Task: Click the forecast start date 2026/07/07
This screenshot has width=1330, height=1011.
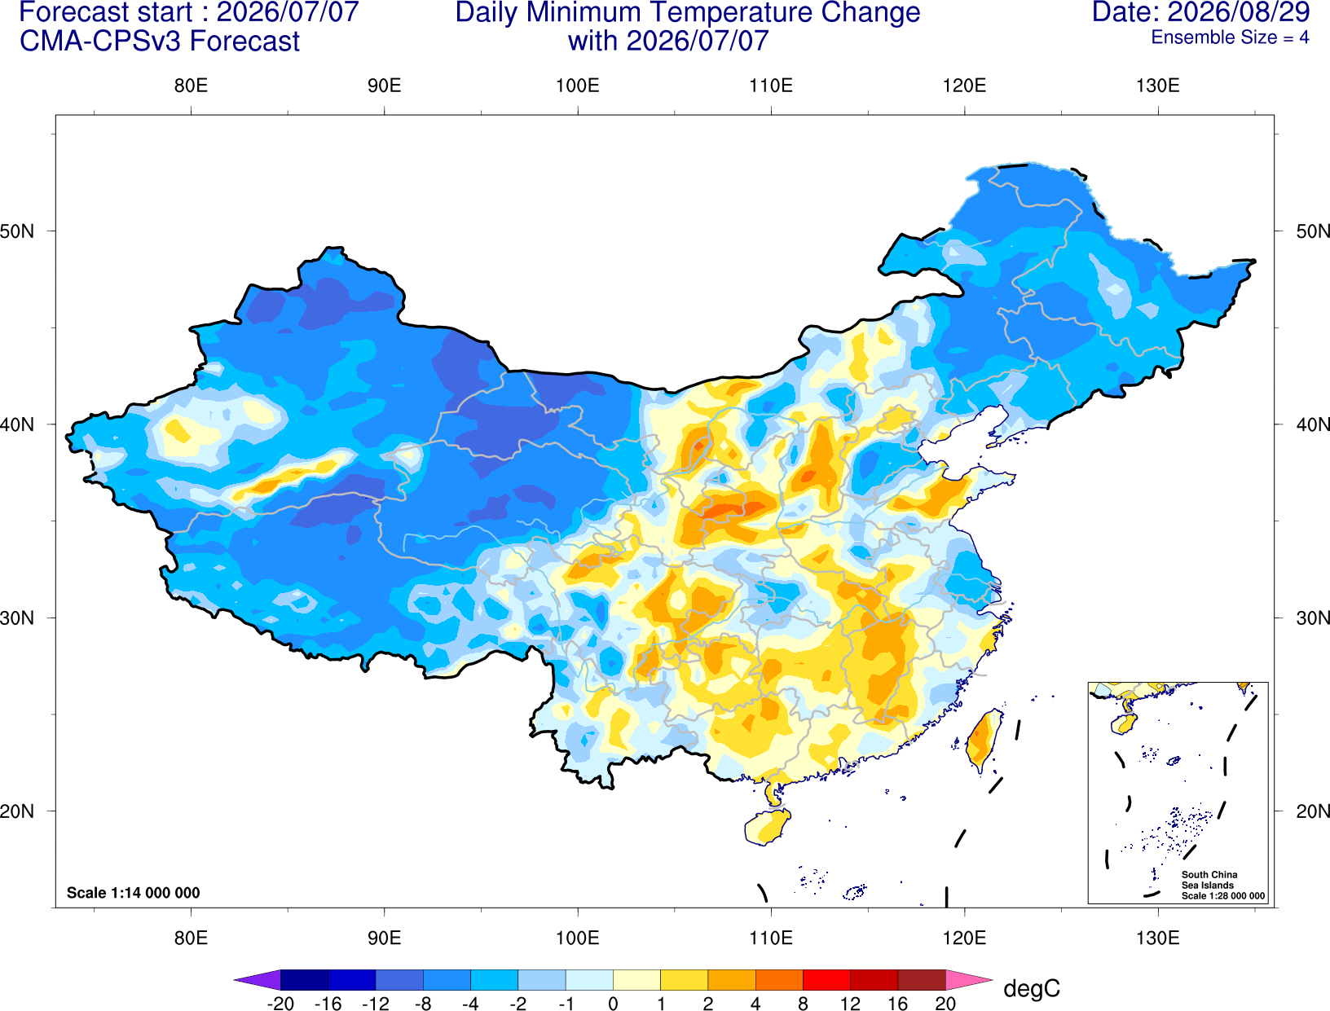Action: click(x=287, y=12)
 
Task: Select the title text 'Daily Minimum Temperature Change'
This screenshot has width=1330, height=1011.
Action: click(x=688, y=13)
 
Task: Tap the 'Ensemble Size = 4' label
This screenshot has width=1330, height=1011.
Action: click(x=1230, y=37)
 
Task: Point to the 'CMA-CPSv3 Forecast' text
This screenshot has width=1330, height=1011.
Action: click(x=160, y=42)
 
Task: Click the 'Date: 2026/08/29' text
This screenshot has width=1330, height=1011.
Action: click(x=1201, y=12)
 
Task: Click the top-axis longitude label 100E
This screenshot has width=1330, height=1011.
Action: click(x=578, y=86)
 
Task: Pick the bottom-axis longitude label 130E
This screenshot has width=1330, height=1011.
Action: click(x=1158, y=938)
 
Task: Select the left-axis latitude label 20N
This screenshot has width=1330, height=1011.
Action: click(x=17, y=811)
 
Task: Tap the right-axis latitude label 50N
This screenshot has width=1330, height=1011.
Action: click(x=1312, y=231)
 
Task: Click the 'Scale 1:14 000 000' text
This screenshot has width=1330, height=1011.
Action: click(x=134, y=893)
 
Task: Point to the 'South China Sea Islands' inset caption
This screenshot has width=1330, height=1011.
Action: click(x=1209, y=880)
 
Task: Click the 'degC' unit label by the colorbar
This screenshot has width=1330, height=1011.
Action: click(x=1032, y=988)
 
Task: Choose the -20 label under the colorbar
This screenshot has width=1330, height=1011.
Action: click(x=280, y=1004)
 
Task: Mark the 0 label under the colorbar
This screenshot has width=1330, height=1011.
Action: click(x=613, y=1004)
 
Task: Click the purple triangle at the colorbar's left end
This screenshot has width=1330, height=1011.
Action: click(x=258, y=980)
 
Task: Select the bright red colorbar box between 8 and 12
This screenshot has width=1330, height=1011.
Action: click(x=826, y=980)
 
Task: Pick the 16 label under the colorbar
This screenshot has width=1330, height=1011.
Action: click(x=898, y=1004)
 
